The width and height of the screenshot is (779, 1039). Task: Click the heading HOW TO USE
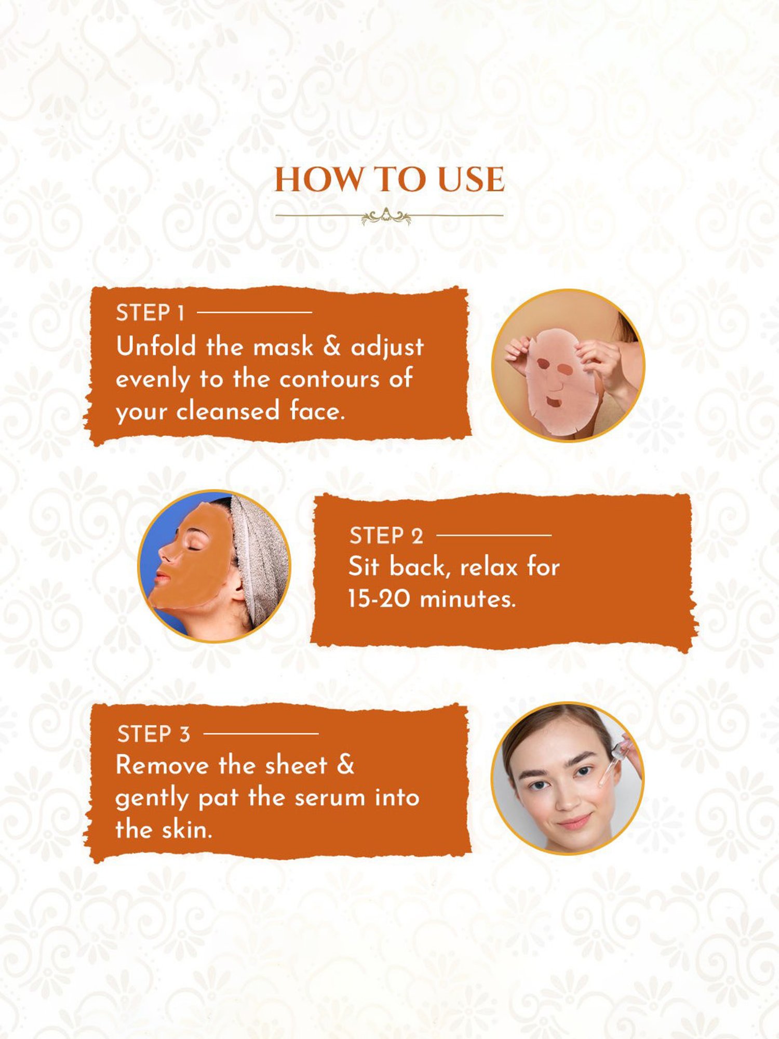tap(389, 180)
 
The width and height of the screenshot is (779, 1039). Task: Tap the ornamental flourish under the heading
tap(386, 216)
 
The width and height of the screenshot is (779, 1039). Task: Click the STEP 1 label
tap(150, 313)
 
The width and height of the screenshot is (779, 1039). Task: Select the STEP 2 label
tap(386, 536)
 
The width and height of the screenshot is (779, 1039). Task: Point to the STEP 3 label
tap(154, 735)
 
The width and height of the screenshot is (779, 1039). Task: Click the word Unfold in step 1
tap(156, 347)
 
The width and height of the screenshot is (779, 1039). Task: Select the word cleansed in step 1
tap(228, 411)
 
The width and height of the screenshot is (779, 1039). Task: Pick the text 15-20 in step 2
tap(380, 599)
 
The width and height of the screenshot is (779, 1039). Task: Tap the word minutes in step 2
tap(467, 599)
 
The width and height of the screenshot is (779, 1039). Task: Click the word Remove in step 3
tap(162, 765)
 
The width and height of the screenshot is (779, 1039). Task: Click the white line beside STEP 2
tap(493, 535)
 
